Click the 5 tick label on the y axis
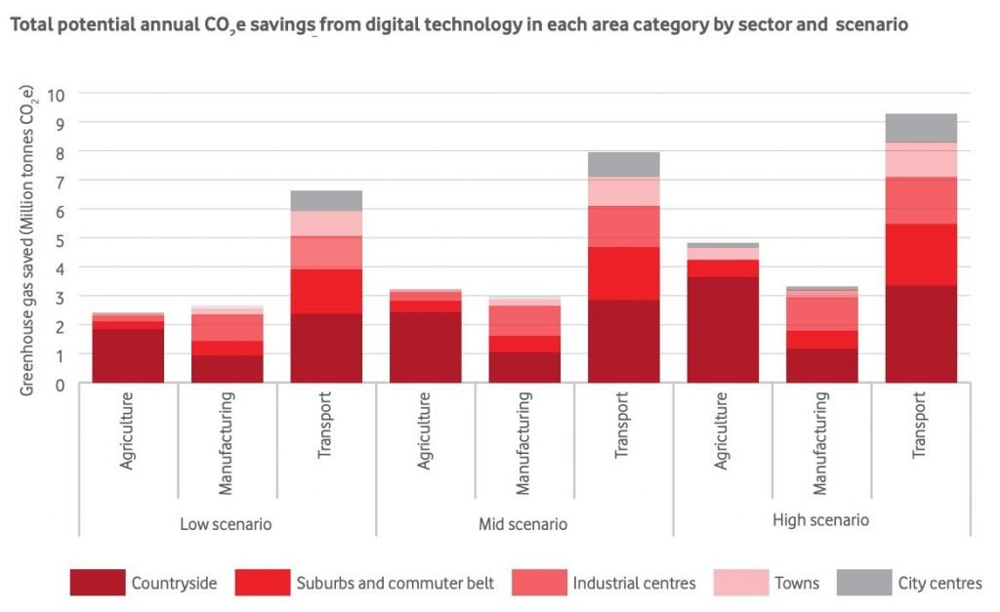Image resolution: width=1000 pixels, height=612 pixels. (x=61, y=238)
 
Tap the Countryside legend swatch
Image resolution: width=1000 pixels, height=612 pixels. (x=98, y=584)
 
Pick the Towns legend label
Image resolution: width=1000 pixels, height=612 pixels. (x=797, y=584)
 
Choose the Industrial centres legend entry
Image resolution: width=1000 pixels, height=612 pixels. (x=634, y=584)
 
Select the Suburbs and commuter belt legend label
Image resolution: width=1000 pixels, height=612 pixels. (x=395, y=584)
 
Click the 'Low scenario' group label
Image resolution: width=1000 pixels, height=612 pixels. (x=226, y=523)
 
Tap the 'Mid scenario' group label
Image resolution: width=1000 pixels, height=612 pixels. (x=522, y=523)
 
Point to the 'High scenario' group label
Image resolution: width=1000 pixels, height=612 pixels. (x=820, y=520)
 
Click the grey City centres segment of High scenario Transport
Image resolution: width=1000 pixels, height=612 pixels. (x=921, y=128)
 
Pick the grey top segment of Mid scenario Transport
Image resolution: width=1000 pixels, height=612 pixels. (x=623, y=164)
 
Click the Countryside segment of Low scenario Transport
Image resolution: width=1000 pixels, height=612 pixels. (x=326, y=347)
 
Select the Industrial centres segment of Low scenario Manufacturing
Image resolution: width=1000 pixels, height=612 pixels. (x=227, y=327)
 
